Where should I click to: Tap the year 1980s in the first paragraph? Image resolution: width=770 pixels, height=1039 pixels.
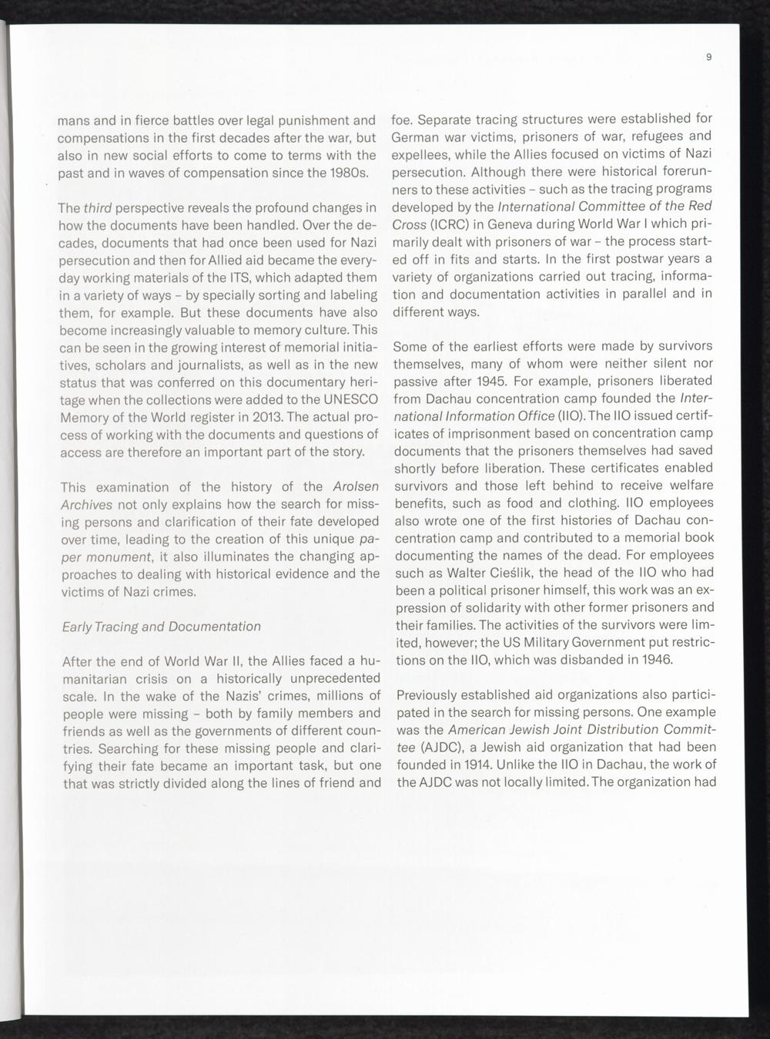(x=347, y=173)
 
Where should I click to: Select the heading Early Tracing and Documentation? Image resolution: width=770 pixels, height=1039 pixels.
(x=161, y=627)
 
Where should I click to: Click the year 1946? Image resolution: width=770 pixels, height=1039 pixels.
(x=654, y=660)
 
